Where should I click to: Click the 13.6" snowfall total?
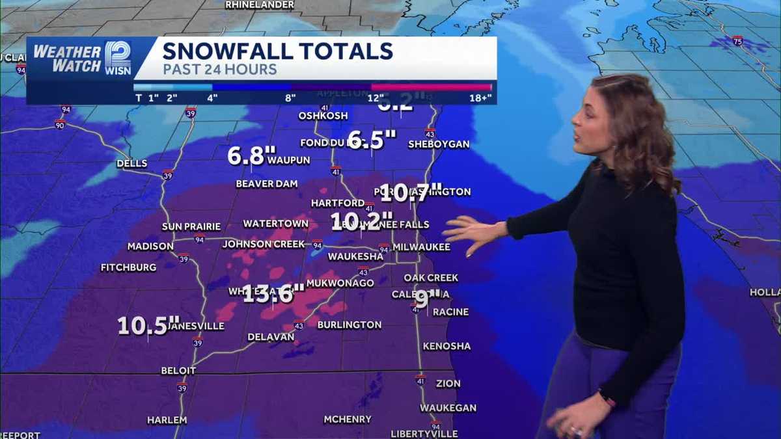273,294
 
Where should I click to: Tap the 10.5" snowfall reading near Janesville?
148,325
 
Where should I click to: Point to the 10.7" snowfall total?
411,193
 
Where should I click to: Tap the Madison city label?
150,246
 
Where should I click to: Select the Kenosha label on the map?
446,346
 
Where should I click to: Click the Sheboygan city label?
439,144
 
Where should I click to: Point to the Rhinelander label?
260,5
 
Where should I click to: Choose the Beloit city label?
178,371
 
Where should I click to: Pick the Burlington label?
349,325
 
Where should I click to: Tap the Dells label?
131,163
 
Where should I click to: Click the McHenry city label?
348,419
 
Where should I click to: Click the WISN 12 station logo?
118,58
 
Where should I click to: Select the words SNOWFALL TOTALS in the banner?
277,51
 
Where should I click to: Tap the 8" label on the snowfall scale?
290,98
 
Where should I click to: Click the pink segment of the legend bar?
431,86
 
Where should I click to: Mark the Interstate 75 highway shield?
737,40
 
